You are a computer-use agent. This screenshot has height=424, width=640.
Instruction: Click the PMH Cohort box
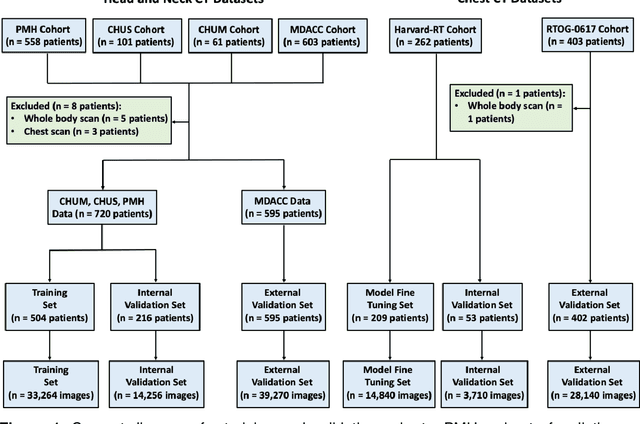tap(43, 38)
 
